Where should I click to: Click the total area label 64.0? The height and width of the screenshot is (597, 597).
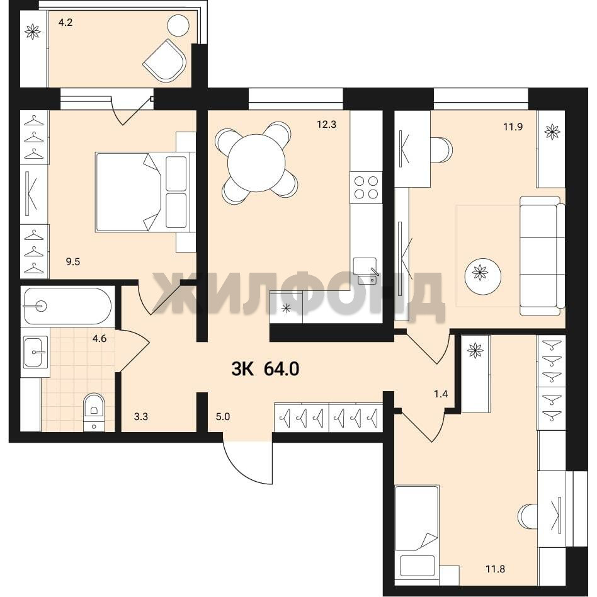(x=281, y=369)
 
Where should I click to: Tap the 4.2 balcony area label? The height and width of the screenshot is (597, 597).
(x=65, y=23)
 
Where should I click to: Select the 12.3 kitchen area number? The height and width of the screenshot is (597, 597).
(x=327, y=125)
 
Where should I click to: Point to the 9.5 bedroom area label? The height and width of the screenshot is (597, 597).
(x=72, y=261)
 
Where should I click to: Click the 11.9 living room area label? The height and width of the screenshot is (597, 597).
(x=513, y=127)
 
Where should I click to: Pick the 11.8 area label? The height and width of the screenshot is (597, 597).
(x=495, y=569)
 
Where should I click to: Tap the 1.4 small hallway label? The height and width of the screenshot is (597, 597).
(x=441, y=394)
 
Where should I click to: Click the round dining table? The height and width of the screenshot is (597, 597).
(x=256, y=163)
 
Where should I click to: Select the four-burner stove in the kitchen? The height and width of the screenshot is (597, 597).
(x=366, y=187)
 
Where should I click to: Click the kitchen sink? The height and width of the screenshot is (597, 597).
(x=365, y=271)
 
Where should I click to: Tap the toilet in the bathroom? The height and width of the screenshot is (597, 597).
(x=94, y=412)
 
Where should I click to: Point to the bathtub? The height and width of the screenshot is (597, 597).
(x=67, y=306)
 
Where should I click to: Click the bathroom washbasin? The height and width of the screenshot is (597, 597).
(x=35, y=351)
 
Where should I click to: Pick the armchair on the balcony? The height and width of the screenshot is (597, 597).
(x=165, y=60)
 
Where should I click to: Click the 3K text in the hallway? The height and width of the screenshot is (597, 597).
(x=242, y=369)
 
